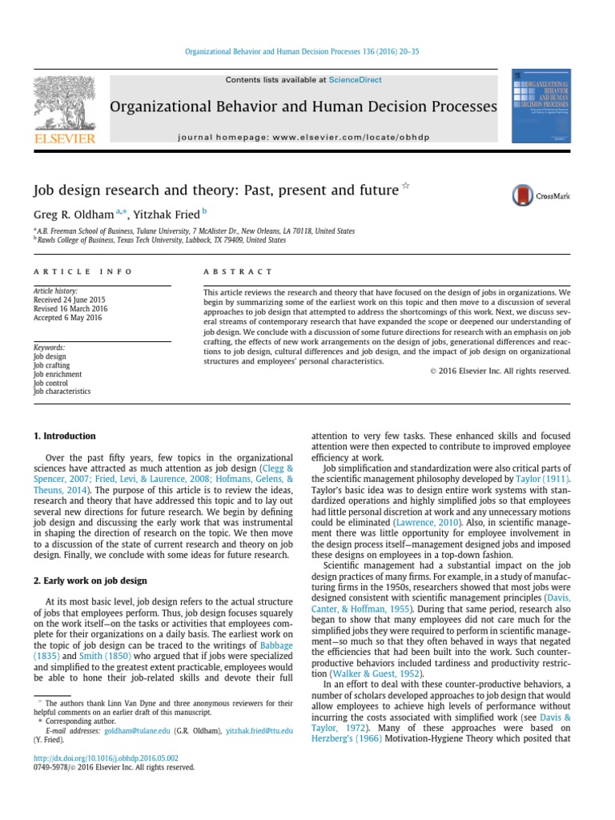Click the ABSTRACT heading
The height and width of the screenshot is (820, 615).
tap(239, 271)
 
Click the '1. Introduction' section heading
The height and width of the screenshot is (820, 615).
tap(65, 436)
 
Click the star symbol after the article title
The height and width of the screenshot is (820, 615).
tap(405, 187)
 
